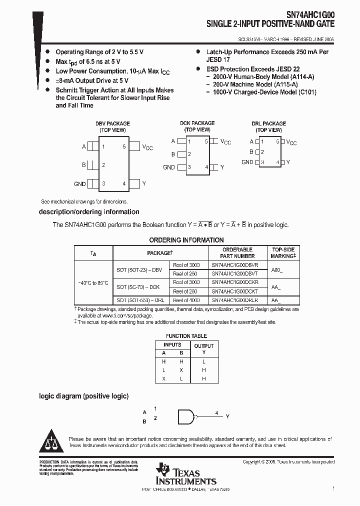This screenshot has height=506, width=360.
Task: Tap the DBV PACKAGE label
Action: coord(112,123)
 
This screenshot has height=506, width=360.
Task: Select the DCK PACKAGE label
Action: coord(197,123)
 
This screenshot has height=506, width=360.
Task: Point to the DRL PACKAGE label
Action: coord(268,123)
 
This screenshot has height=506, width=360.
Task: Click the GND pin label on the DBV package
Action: coord(80,184)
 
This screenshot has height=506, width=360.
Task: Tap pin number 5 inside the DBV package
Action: coord(124,147)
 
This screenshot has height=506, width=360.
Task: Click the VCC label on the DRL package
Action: coord(291,142)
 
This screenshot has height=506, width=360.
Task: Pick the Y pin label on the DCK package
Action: coord(222,167)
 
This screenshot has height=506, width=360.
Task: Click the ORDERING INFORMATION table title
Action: coord(186,240)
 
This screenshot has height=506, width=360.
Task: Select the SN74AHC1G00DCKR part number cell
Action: coord(235,282)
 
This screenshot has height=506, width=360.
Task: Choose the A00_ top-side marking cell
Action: coord(276,269)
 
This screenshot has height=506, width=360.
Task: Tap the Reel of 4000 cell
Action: coord(186,300)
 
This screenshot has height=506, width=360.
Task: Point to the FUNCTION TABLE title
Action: coord(186,336)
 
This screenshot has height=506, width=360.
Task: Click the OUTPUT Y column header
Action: coord(203,348)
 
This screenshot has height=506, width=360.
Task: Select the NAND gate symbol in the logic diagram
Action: coord(186,416)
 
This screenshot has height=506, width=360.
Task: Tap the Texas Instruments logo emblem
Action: coord(163,469)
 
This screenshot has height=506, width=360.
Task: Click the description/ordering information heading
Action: coord(89,212)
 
